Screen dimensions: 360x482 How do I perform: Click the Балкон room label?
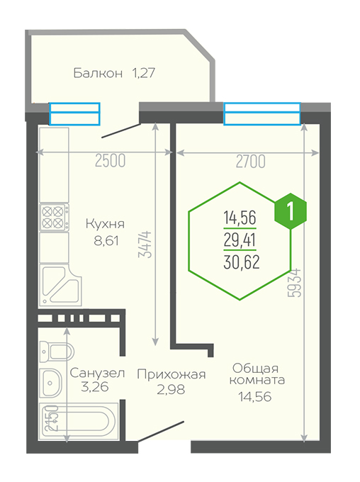pos(98,73)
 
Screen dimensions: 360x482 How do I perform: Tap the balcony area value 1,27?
pos(143,74)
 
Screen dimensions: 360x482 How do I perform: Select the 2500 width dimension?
pos(110,161)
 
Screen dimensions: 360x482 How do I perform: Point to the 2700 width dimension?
pos(251,161)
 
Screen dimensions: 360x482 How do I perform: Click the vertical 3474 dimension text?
pos(145,245)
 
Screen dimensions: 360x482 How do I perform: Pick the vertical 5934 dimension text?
pos(295,283)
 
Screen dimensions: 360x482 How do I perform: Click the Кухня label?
pos(105,224)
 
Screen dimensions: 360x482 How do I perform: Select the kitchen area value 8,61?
pos(106,241)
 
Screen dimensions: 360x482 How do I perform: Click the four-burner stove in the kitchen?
pos(54,217)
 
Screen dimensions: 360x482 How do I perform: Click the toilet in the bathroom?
pos(57,351)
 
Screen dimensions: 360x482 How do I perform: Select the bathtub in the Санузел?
pos(79,421)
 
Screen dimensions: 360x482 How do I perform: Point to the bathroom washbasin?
pos(51,383)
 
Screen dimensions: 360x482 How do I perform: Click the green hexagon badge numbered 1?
pos(291,211)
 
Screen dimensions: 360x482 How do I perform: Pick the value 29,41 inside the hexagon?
pos(240,240)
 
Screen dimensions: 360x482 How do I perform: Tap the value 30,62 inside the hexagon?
pos(242,262)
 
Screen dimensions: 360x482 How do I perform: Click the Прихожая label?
pos(171,374)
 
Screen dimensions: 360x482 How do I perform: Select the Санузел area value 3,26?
pos(95,387)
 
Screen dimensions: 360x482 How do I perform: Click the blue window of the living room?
pos(262,113)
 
